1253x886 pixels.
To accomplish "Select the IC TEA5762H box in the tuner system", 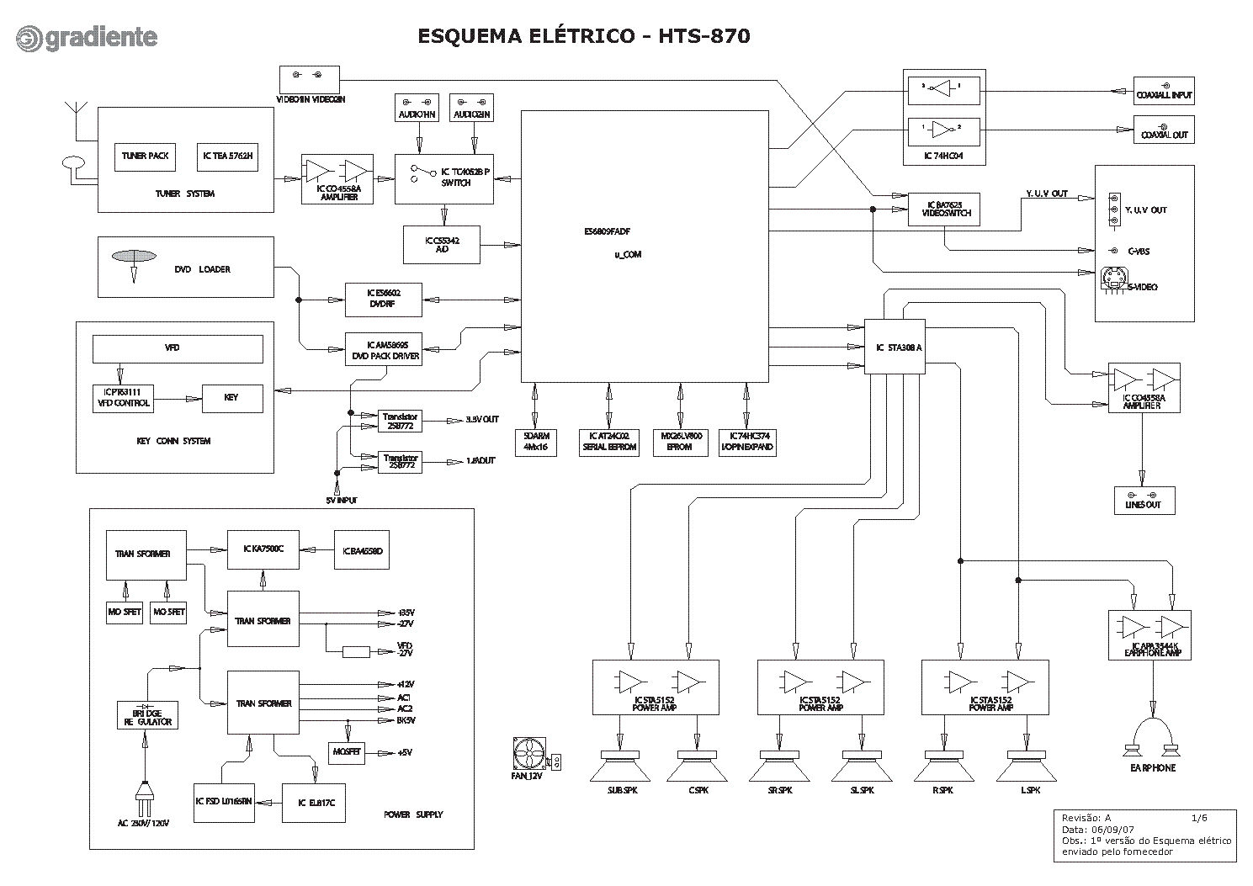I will point(227,156).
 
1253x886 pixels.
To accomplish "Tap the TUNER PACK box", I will point(146,156).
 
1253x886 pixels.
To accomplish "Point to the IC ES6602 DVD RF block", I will point(383,300).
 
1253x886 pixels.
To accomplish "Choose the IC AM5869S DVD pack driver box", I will point(383,349).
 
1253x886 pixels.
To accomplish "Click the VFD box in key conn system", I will point(178,348).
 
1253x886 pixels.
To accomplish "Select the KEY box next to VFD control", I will point(231,397).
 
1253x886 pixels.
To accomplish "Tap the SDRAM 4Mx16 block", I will point(535,442).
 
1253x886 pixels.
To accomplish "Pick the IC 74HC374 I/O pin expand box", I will point(746,442).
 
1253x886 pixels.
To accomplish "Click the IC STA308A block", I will point(895,347).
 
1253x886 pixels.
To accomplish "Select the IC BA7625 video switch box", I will point(944,209).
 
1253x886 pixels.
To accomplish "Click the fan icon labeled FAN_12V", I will point(529,753).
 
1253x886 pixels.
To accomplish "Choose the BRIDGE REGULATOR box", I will point(147,715).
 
